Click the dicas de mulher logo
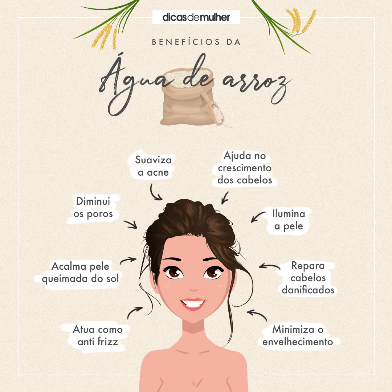click(x=196, y=17)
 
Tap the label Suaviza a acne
click(x=153, y=166)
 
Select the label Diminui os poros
click(x=93, y=208)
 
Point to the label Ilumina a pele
click(x=289, y=220)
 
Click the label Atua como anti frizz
click(x=98, y=336)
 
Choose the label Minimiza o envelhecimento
click(x=298, y=336)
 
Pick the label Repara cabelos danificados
click(x=308, y=278)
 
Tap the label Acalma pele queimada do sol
click(x=80, y=273)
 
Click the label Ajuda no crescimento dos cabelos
click(x=245, y=168)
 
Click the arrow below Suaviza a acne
click(x=156, y=193)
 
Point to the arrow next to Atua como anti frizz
click(x=135, y=312)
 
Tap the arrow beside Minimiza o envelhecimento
click(x=257, y=315)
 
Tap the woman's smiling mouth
click(x=193, y=303)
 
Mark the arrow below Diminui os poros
click(x=130, y=224)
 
